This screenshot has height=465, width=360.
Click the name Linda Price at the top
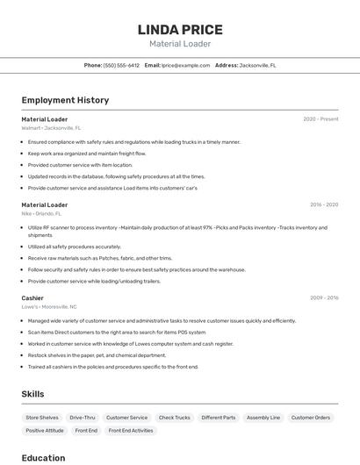tap(180, 30)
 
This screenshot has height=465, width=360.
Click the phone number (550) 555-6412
tap(121, 65)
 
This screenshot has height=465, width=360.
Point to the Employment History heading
tap(65, 100)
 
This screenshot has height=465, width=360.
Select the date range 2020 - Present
tap(320, 119)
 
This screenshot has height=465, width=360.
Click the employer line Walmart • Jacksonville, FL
tap(51, 128)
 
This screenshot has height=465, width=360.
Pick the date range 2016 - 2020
tap(324, 205)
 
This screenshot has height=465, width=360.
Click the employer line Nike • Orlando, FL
tap(41, 213)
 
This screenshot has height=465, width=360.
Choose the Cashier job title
tap(32, 298)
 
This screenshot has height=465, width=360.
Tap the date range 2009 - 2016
tap(324, 298)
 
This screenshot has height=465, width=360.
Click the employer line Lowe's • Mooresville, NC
tap(49, 307)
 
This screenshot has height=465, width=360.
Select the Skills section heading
tap(32, 394)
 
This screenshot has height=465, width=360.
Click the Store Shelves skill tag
tap(42, 418)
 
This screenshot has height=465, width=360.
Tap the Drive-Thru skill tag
tap(83, 418)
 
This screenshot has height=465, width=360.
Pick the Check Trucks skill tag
tap(174, 418)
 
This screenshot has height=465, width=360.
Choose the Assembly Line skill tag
tap(263, 418)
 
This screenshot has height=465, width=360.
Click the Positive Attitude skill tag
tap(44, 431)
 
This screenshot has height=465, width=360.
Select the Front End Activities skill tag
tap(130, 431)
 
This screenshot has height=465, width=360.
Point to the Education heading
tap(43, 458)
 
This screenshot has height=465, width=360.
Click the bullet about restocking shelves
tap(97, 355)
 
